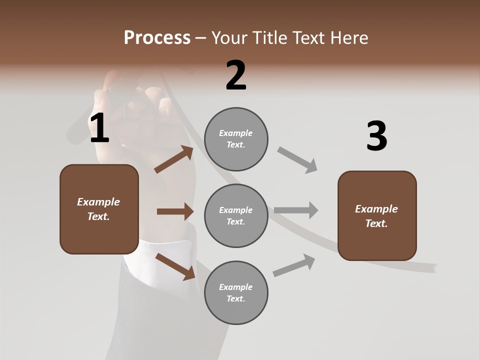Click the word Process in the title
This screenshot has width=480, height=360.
tap(157, 37)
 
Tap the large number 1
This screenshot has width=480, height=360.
tap(99, 128)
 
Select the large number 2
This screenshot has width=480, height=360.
tap(236, 75)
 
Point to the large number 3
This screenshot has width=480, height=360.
tap(376, 136)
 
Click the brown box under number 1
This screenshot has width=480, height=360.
tap(99, 209)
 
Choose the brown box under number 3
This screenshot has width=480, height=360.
tap(377, 215)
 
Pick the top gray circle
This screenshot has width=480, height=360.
tap(236, 139)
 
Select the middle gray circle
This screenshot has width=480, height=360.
tap(236, 215)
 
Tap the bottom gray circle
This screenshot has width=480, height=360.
tap(236, 292)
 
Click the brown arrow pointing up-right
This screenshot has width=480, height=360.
tap(174, 159)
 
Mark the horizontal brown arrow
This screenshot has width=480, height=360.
tap(175, 211)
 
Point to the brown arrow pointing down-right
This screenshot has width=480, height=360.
tap(175, 266)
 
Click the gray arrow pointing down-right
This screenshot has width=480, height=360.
tap(297, 160)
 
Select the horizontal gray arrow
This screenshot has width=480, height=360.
tap(296, 210)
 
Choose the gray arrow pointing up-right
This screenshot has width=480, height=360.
tap(294, 265)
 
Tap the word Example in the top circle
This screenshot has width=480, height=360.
tap(236, 133)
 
